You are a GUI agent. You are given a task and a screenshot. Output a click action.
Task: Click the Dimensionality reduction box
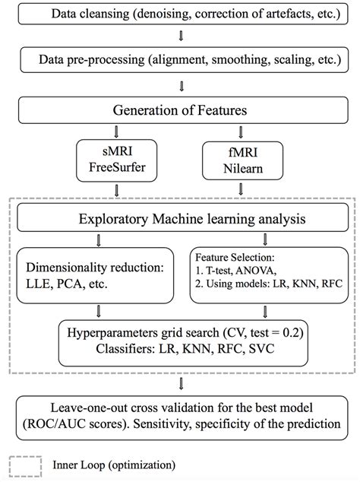(x=96, y=276)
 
